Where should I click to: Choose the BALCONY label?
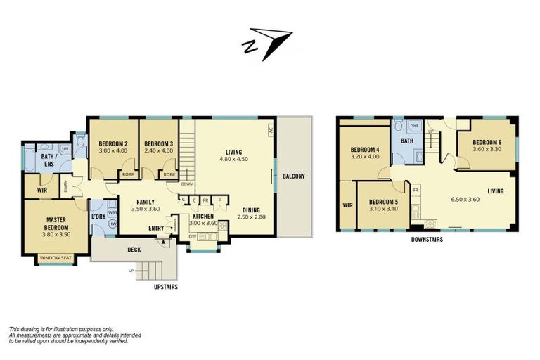[293, 176]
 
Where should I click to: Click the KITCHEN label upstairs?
[203, 215]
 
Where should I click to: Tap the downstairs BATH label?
[407, 141]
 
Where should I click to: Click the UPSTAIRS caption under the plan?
[165, 287]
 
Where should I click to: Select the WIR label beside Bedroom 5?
[347, 205]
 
